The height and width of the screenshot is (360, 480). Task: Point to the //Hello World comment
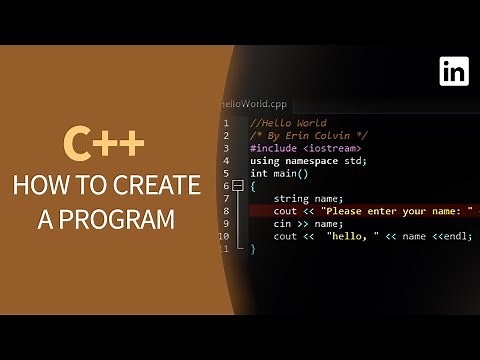(x=288, y=123)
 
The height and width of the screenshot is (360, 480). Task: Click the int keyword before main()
(x=258, y=173)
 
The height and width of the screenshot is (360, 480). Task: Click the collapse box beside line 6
(x=239, y=186)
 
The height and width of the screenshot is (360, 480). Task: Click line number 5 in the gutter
(x=226, y=173)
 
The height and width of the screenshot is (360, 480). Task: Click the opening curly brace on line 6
(x=253, y=186)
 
